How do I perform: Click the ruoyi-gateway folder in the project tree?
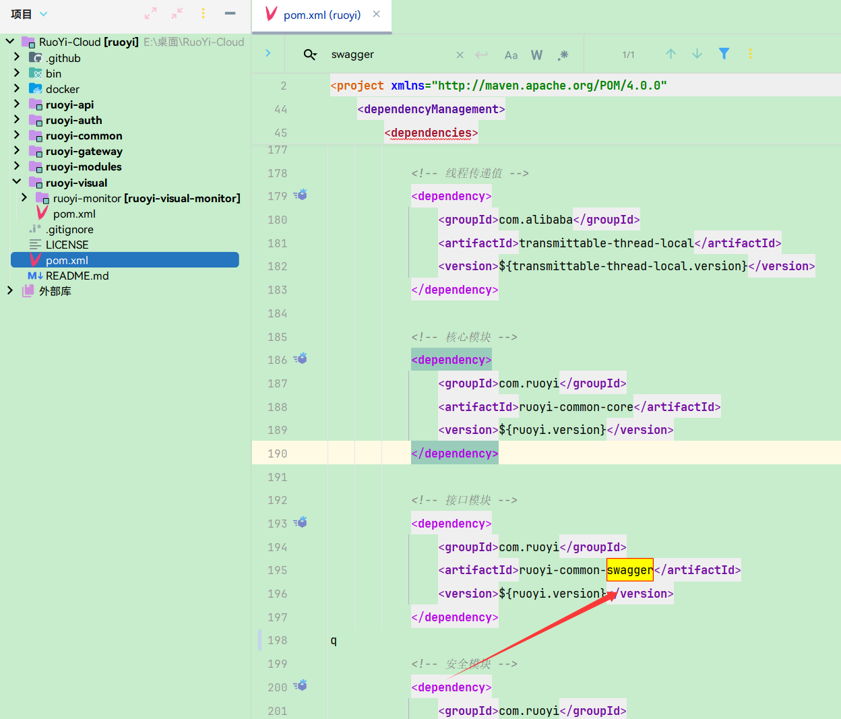tap(84, 152)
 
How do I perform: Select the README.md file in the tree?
tap(77, 276)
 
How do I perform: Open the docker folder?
tap(62, 89)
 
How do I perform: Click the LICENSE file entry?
tap(67, 245)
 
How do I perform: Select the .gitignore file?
tap(69, 229)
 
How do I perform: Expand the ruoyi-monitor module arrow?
tap(24, 197)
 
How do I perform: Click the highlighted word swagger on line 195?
tap(630, 570)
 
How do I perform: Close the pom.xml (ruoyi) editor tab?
tap(377, 14)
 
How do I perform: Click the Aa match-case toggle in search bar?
tap(511, 55)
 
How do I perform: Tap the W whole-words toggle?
tap(536, 55)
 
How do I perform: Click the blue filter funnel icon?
tap(724, 54)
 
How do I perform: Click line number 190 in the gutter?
tap(277, 454)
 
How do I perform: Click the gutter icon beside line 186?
tap(301, 358)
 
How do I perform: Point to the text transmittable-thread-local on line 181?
tap(606, 243)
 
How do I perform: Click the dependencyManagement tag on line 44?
tap(431, 109)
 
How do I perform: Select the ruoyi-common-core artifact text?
tap(576, 407)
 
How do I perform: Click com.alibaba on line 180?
tap(536, 220)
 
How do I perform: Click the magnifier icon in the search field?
tap(310, 55)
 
